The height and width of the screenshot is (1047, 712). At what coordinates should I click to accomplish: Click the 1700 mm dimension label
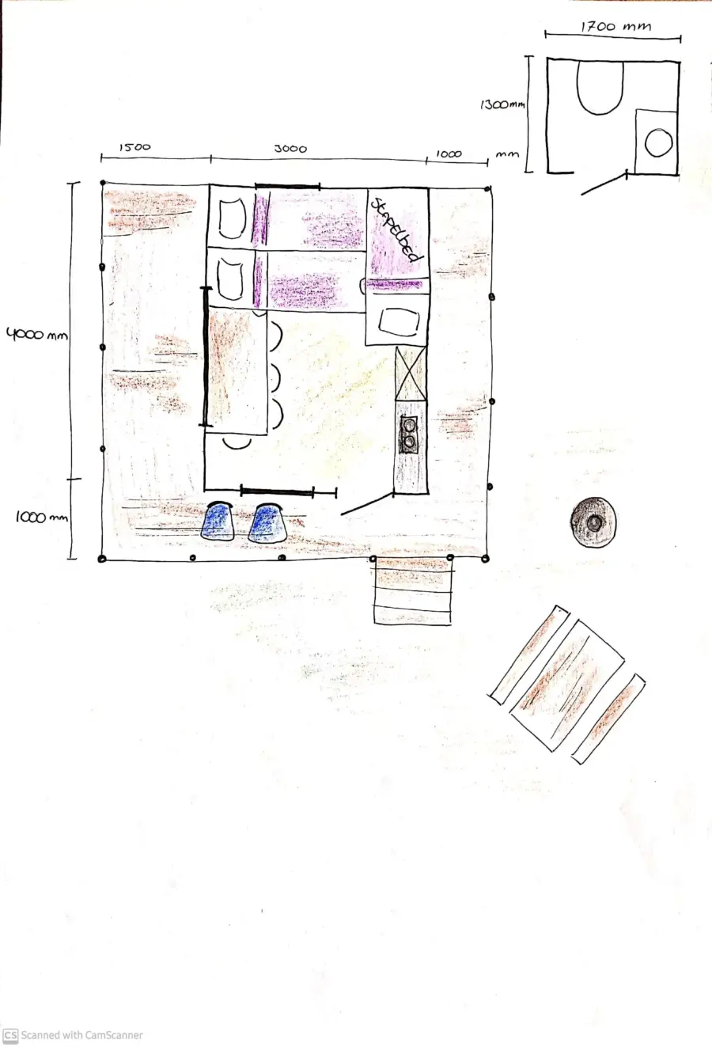click(615, 27)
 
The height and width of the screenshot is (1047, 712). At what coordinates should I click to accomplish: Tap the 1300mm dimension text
click(502, 104)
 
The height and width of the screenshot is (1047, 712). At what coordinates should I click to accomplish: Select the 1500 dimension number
click(134, 147)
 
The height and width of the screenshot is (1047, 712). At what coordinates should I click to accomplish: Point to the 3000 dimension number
click(290, 149)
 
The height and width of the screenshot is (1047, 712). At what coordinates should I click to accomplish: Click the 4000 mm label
click(36, 335)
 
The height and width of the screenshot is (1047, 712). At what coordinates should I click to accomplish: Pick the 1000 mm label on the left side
click(41, 518)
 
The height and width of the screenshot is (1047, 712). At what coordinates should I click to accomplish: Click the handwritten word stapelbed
click(395, 229)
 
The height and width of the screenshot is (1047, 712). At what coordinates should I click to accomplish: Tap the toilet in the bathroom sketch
click(599, 86)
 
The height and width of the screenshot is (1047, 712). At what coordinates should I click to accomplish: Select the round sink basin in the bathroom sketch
click(658, 143)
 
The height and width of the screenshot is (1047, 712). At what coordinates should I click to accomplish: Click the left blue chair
click(218, 522)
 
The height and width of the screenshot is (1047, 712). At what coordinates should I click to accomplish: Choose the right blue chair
click(267, 523)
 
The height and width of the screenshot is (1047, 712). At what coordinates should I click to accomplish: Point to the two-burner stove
click(409, 434)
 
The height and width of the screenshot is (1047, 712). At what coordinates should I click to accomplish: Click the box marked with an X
click(410, 374)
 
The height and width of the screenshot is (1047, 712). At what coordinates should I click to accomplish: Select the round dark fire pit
click(593, 522)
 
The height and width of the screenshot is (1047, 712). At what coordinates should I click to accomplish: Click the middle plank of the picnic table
click(566, 685)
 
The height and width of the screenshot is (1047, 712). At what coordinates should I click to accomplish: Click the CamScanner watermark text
click(81, 1035)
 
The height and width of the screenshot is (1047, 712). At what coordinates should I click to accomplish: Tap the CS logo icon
click(10, 1035)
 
